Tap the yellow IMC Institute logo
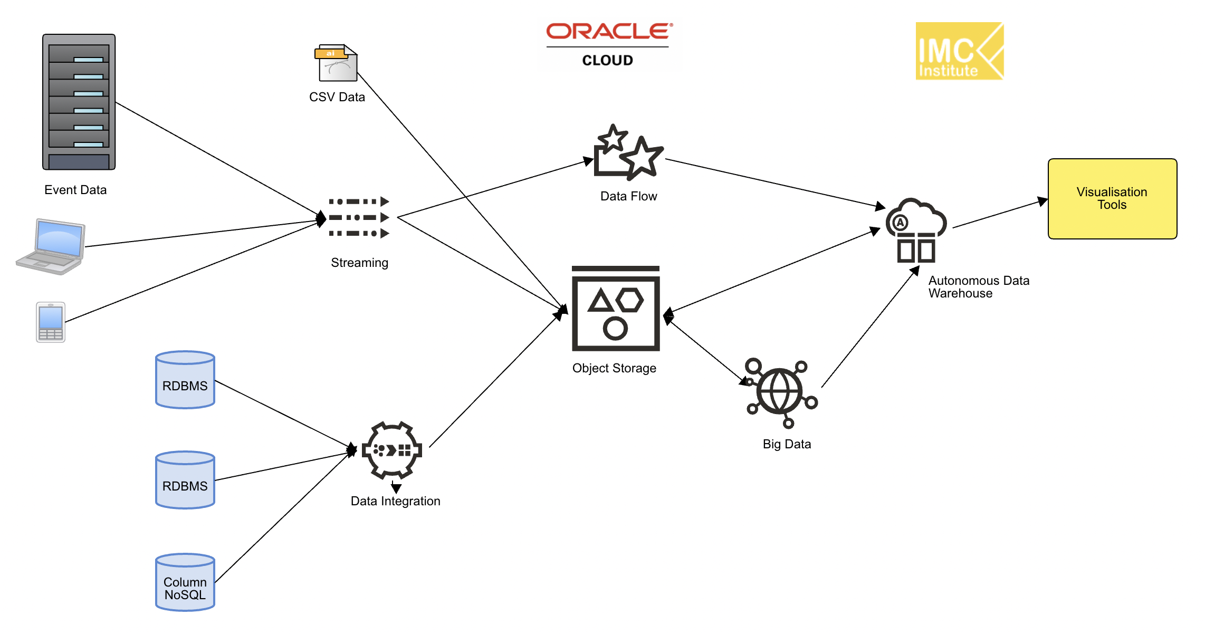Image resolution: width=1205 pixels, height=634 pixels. [x=959, y=51]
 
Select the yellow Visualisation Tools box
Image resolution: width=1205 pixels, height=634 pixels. [x=1112, y=199]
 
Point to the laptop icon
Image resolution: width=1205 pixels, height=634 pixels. [x=52, y=247]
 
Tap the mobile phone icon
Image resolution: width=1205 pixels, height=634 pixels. [x=51, y=322]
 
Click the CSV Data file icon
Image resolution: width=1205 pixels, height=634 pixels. [x=337, y=63]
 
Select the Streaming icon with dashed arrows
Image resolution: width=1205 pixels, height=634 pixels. [x=359, y=217]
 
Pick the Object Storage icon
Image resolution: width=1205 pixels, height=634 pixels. [x=616, y=309]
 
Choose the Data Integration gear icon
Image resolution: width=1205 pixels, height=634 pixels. [x=391, y=450]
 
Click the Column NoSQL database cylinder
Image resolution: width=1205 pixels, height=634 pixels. [x=185, y=582]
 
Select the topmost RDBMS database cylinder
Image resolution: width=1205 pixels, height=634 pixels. [x=185, y=380]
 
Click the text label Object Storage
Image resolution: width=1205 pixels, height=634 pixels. [x=614, y=368]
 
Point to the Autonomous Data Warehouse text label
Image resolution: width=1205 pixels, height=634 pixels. [x=979, y=287]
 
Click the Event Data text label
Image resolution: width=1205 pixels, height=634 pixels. [x=75, y=190]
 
